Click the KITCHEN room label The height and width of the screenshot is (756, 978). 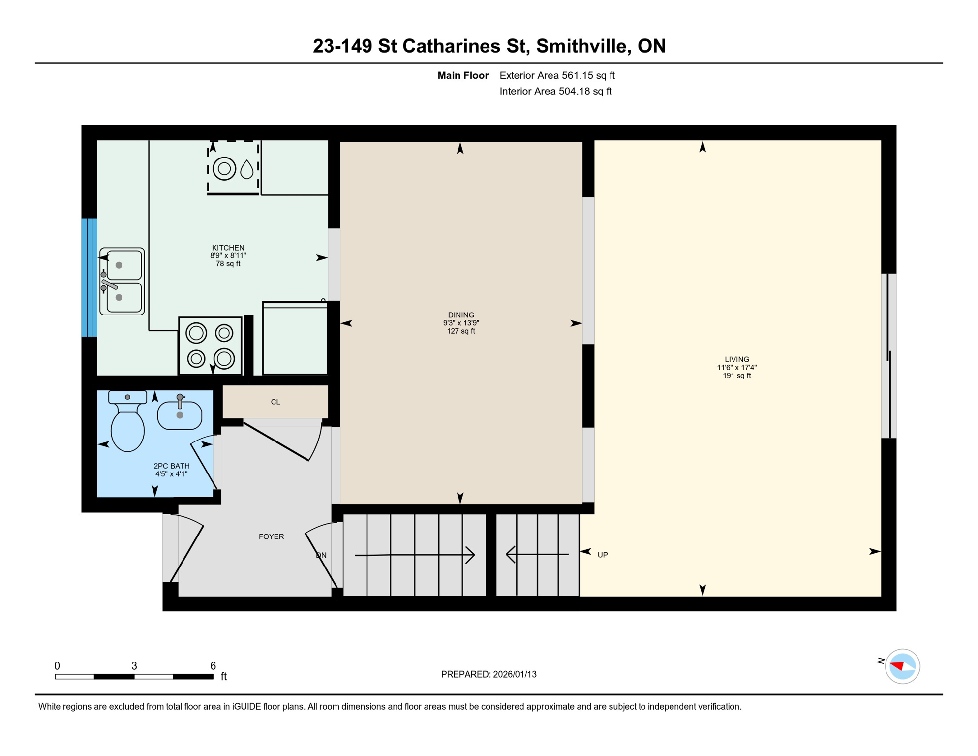[x=228, y=248]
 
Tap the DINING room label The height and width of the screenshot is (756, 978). [x=461, y=315]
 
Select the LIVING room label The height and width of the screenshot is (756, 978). [x=736, y=359]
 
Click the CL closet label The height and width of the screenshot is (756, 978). [x=275, y=402]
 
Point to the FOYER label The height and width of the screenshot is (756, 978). [x=271, y=536]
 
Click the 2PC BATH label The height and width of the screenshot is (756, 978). [x=171, y=466]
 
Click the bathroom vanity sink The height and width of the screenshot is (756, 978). [x=180, y=414]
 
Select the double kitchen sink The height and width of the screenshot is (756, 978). [x=122, y=281]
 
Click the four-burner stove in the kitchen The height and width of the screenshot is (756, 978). [x=210, y=346]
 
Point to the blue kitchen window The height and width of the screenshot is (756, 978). [x=89, y=278]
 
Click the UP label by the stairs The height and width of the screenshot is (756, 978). [x=603, y=555]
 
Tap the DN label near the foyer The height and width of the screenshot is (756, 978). [x=321, y=555]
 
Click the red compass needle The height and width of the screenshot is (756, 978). [x=897, y=666]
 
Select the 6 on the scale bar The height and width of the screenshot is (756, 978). [x=213, y=666]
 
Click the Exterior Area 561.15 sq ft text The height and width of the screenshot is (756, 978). [x=557, y=75]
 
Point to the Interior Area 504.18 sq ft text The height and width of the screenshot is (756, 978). [x=555, y=91]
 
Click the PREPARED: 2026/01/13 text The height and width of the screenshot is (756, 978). [x=489, y=674]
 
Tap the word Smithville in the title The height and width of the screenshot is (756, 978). [x=581, y=46]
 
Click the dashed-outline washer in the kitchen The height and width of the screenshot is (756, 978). [x=233, y=168]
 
